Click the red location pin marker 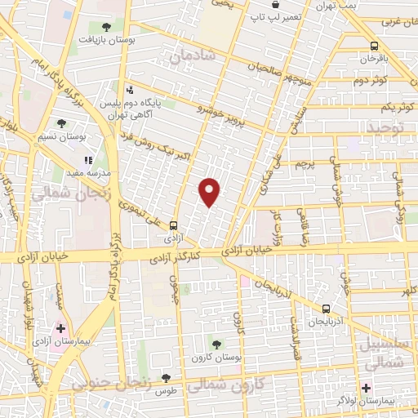click(210, 192)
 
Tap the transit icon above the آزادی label click(173, 226)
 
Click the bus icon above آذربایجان click(326, 309)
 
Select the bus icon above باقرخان click(374, 46)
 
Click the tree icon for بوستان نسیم click(62, 124)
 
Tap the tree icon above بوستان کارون click(216, 345)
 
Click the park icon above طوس click(167, 378)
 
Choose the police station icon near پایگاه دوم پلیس click(129, 91)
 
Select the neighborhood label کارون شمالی click(233, 384)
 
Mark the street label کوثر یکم click(389, 108)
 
